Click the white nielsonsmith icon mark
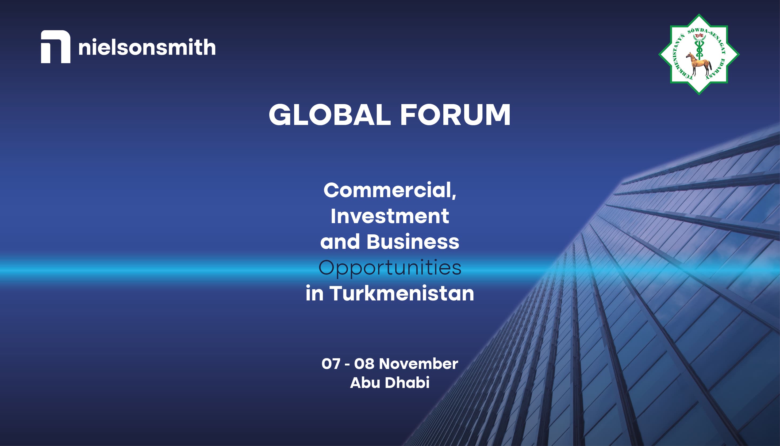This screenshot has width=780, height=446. tap(55, 47)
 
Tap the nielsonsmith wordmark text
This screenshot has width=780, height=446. tap(147, 47)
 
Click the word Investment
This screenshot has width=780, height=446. tap(389, 216)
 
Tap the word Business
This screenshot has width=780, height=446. tap(413, 242)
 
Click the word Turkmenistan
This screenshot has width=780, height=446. tap(402, 293)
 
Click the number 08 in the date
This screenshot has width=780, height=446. tap(364, 364)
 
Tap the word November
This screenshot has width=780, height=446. tap(418, 364)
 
